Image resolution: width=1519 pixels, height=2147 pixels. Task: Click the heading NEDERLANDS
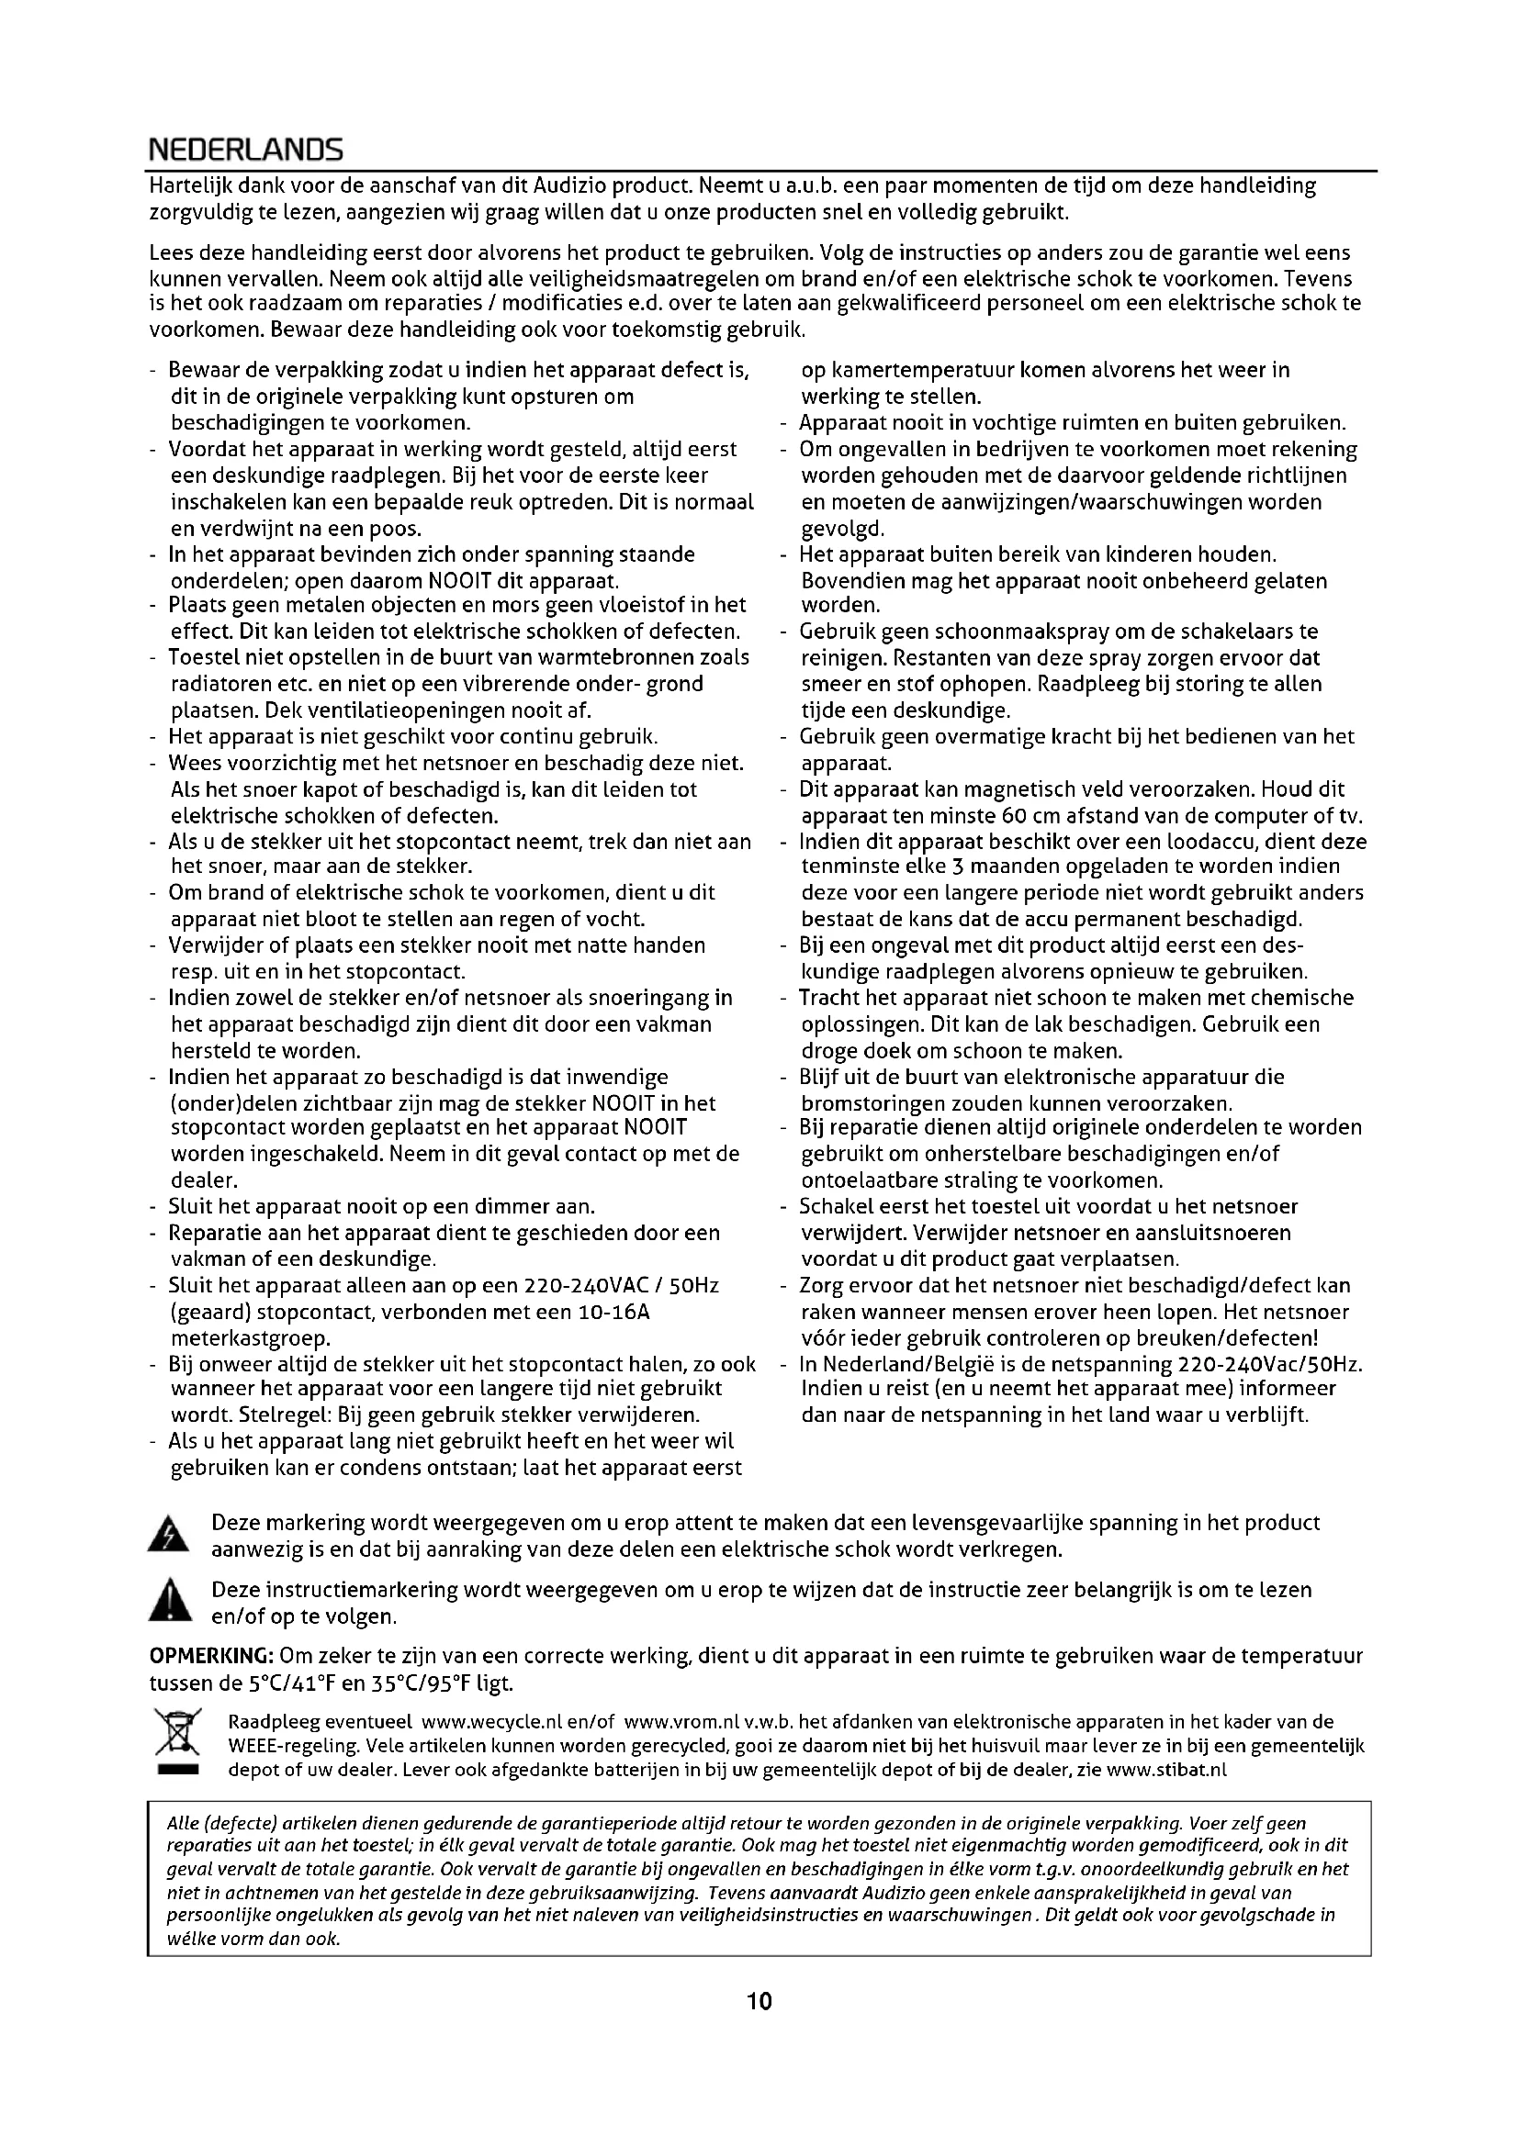(x=246, y=150)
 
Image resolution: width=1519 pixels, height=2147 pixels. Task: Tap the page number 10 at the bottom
(x=759, y=2001)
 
